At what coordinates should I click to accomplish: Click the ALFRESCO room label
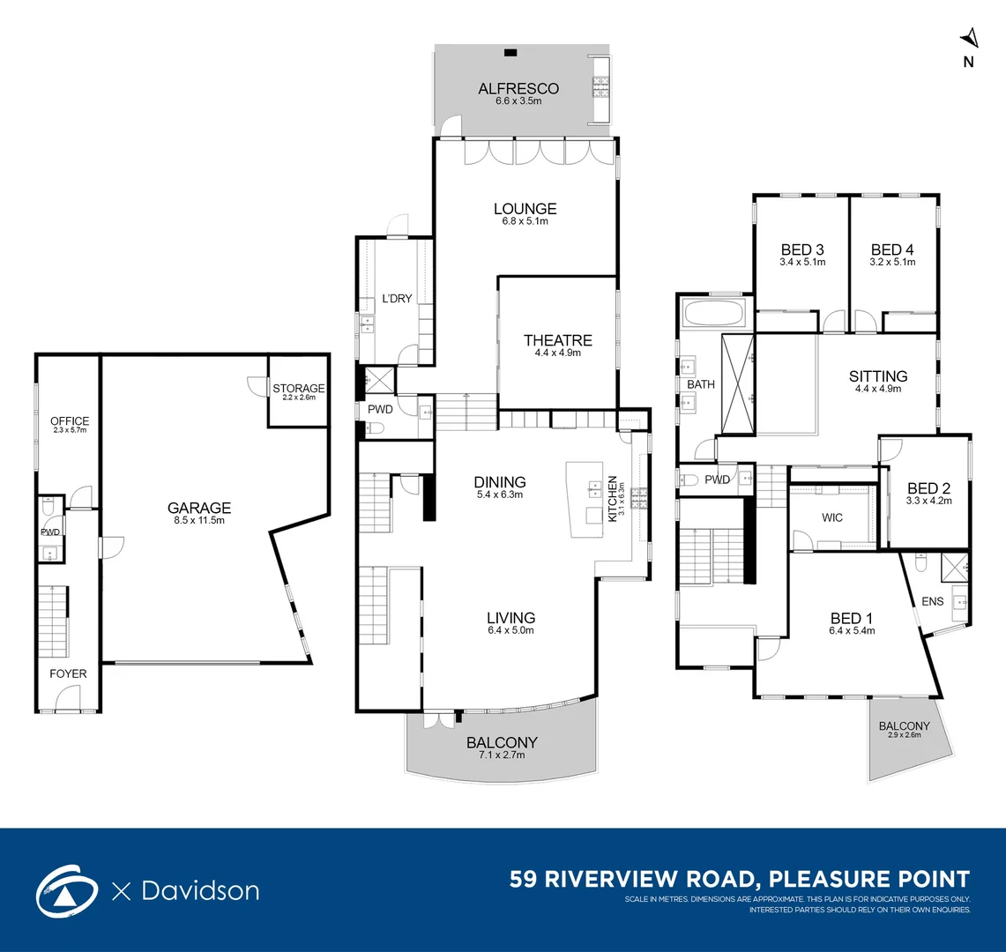coord(518,88)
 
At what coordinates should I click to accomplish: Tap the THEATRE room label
coord(557,340)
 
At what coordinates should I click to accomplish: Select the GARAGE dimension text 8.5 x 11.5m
coord(199,520)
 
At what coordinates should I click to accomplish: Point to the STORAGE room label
coord(298,388)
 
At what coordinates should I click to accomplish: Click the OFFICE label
coord(70,420)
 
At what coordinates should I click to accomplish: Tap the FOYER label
coord(68,673)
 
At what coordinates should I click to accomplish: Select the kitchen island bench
coord(585,499)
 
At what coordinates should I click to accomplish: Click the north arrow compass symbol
coord(970,39)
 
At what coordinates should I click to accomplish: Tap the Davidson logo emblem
coord(67,891)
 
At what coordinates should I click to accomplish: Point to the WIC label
coord(832,517)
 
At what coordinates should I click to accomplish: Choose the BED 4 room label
coord(892,249)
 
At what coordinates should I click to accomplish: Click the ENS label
coord(932,601)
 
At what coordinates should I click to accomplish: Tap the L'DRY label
coord(397,298)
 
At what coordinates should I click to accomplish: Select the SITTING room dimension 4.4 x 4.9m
coord(877,388)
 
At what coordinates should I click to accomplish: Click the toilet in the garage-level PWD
coord(48,507)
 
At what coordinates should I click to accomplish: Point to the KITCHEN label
coord(613,499)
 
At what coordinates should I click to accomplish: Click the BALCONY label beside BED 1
coord(904,725)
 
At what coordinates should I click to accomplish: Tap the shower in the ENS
coord(954,567)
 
